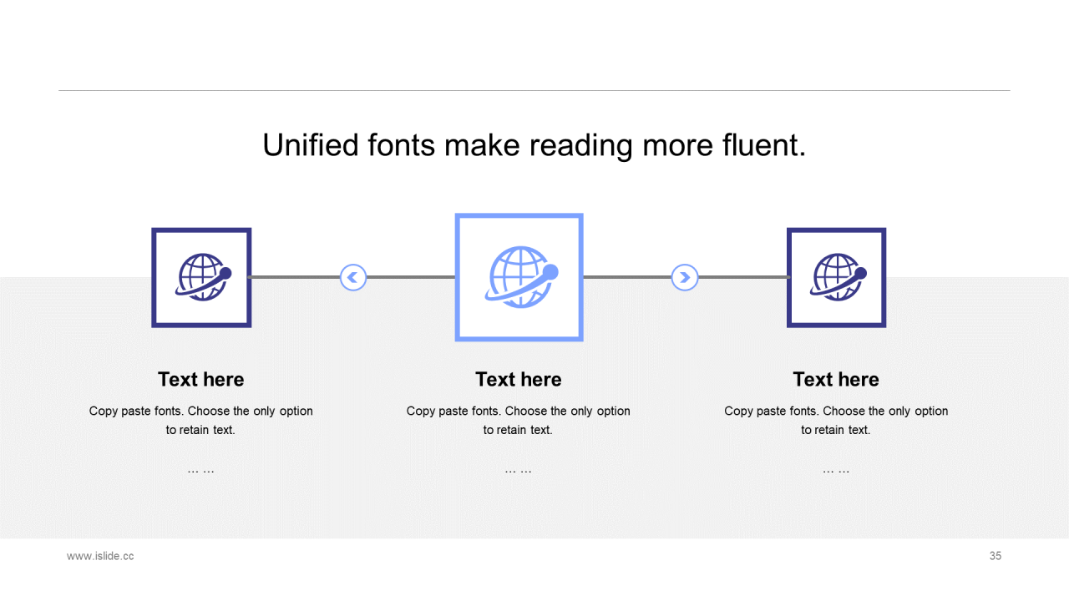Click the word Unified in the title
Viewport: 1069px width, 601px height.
(310, 145)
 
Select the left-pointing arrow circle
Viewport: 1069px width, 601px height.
(353, 277)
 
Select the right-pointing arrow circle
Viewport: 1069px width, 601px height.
(685, 277)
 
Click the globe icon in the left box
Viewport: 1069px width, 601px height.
(203, 277)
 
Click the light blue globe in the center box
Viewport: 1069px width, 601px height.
(522, 277)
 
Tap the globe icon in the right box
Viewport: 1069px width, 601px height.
(838, 277)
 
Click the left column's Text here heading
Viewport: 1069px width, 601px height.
(201, 380)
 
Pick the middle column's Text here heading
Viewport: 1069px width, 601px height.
(519, 380)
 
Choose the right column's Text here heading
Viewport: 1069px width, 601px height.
(836, 380)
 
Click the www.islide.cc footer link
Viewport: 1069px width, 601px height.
(100, 556)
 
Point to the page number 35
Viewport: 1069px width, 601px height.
(995, 556)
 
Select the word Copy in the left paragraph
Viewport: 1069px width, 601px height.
(104, 412)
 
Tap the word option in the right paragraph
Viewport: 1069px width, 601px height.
(931, 412)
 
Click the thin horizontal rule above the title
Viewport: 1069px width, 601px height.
(534, 90)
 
